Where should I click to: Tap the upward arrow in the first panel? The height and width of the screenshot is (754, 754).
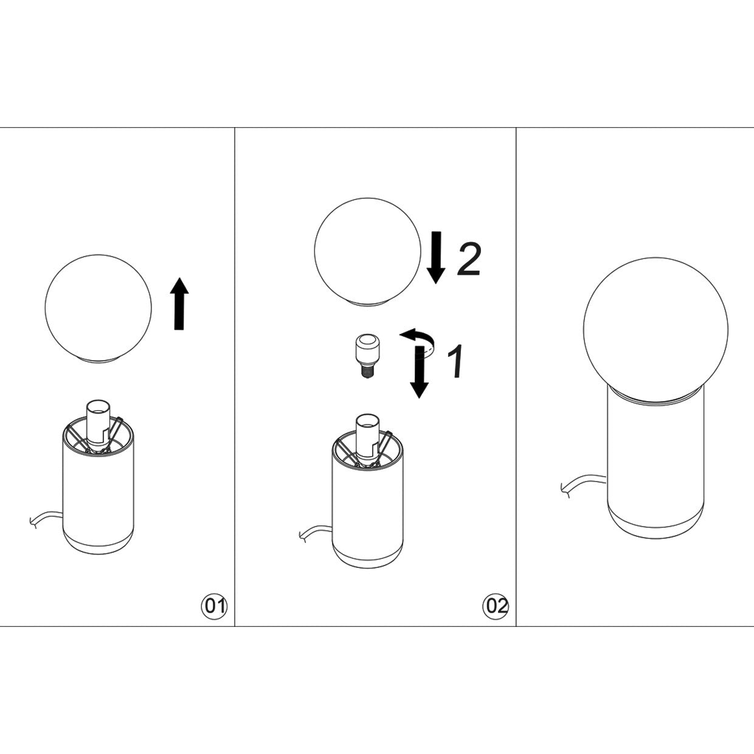[179, 303]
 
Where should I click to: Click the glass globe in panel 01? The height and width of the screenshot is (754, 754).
[98, 308]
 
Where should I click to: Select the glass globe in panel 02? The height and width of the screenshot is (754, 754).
[367, 250]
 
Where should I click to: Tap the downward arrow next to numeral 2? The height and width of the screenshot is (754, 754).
[435, 257]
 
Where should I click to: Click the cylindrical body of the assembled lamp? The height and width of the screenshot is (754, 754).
[655, 456]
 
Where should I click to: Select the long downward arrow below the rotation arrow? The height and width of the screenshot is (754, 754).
[418, 371]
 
